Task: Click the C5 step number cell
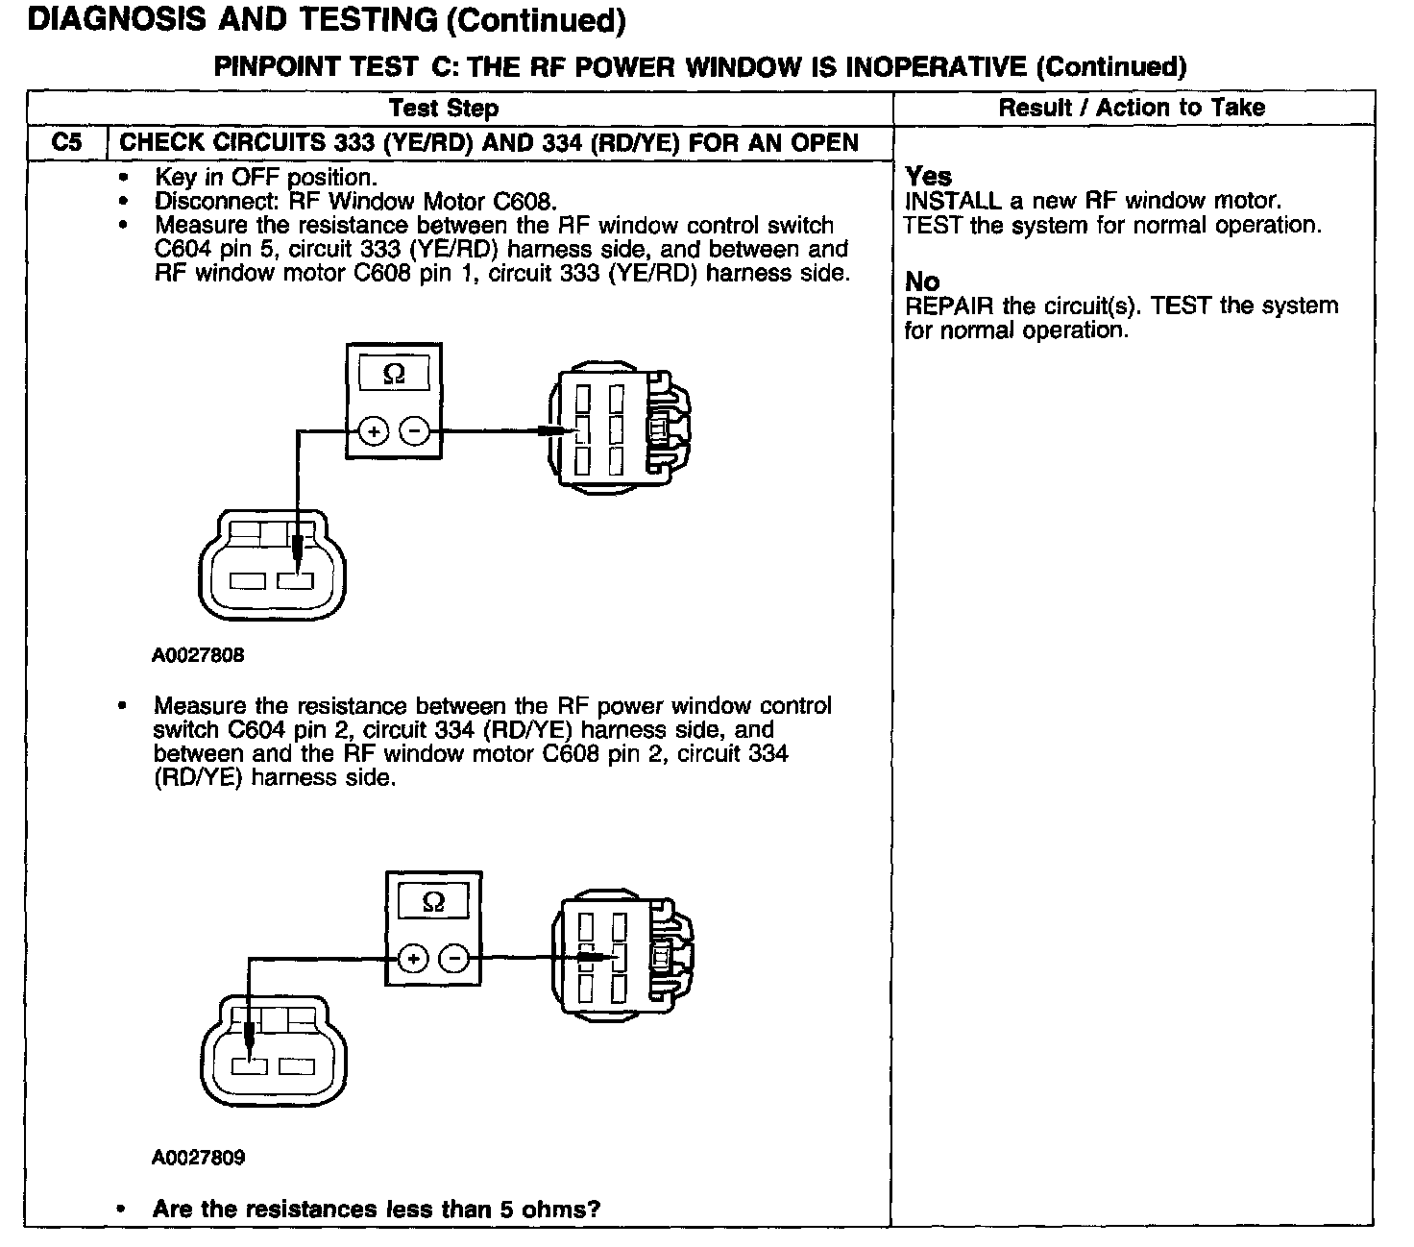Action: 67,143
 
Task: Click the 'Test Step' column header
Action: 444,109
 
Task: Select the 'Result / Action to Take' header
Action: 1132,108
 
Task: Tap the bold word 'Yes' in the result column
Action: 928,177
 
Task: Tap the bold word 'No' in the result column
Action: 922,281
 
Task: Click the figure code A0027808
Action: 198,655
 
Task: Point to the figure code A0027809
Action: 198,1158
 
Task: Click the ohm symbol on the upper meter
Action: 394,374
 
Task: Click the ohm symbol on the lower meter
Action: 433,902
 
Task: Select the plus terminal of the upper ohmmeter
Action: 374,432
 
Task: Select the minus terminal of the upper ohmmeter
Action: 414,432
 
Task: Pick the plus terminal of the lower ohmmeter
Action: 413,959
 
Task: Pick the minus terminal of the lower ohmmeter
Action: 454,959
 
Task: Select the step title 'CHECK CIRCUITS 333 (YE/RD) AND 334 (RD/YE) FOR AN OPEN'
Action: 489,143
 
